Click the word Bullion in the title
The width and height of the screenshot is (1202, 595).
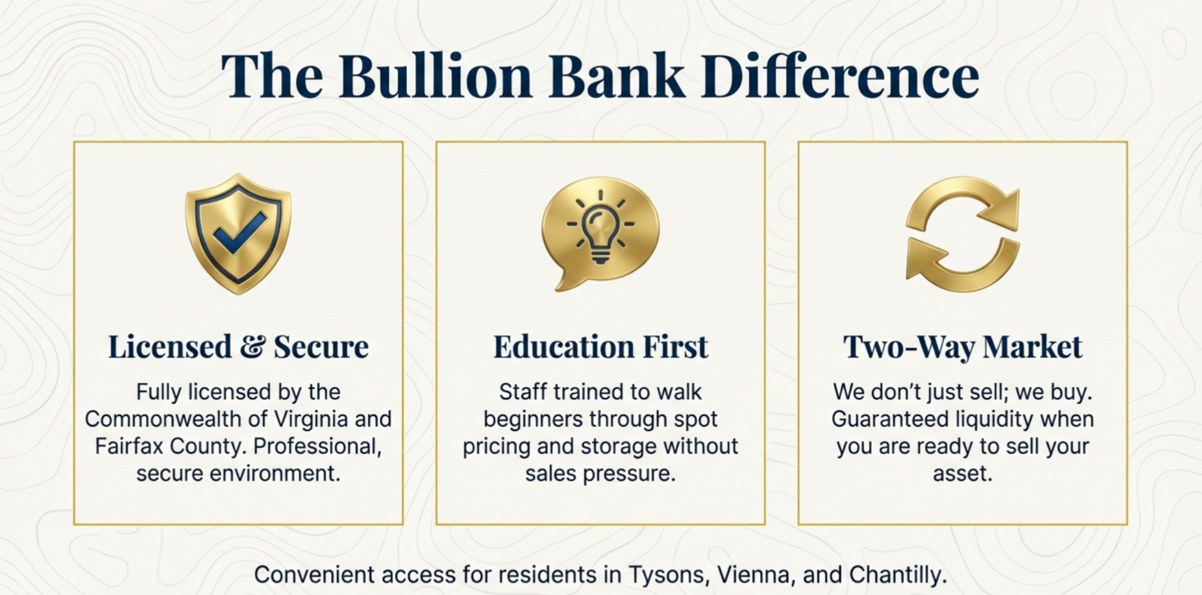pos(436,76)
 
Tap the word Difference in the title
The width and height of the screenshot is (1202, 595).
pos(839,76)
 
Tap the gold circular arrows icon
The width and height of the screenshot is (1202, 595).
pos(962,234)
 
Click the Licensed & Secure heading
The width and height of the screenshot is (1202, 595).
pos(238,347)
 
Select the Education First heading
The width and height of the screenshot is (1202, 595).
pos(600,347)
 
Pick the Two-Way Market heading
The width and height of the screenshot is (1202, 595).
pos(962,347)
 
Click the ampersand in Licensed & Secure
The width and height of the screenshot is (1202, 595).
pos(252,347)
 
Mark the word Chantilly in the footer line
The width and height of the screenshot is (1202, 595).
pos(896,574)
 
